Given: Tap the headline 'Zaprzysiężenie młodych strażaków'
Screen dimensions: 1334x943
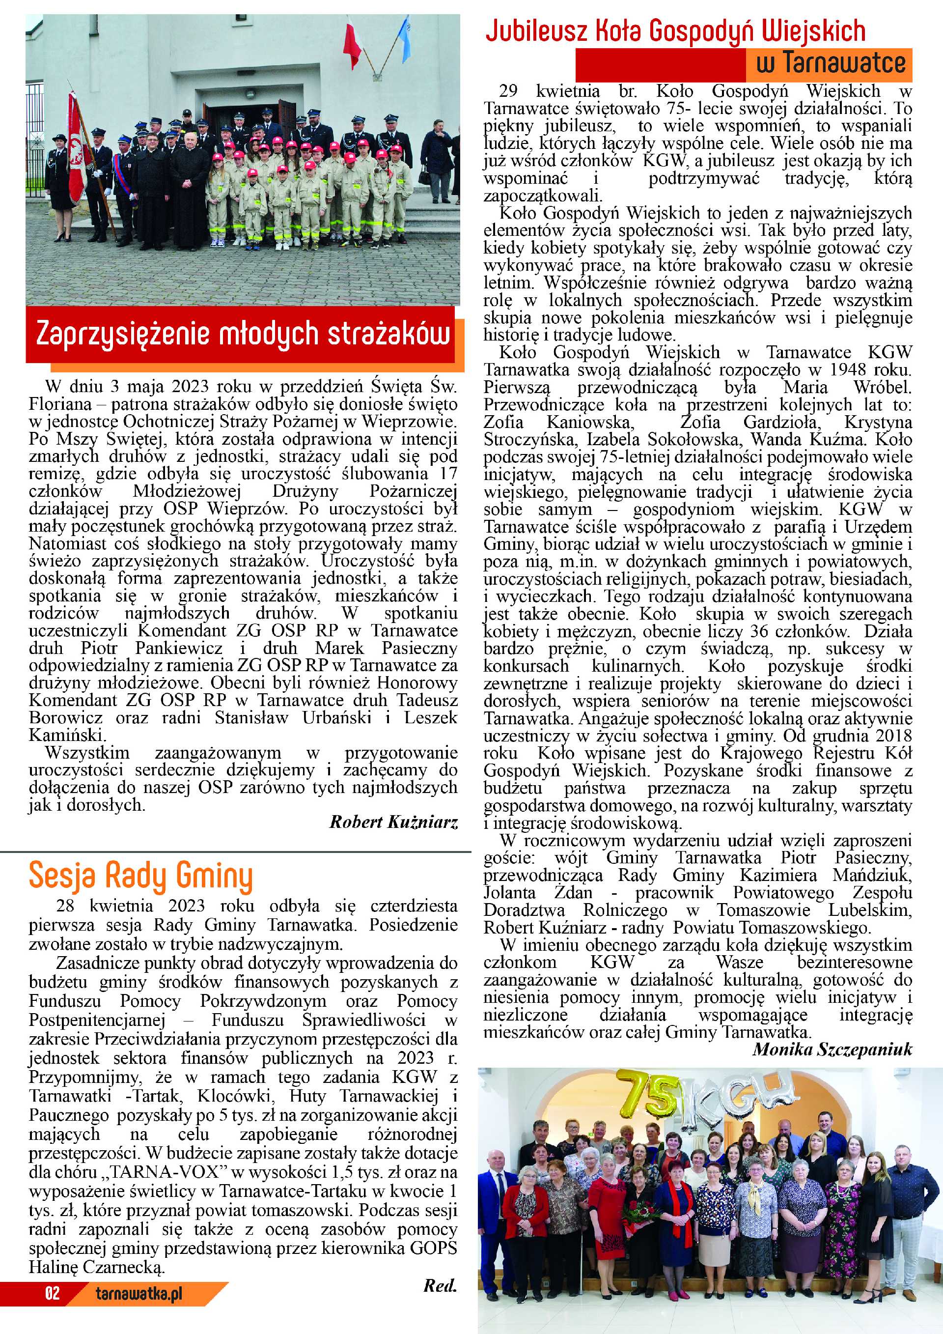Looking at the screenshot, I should [243, 334].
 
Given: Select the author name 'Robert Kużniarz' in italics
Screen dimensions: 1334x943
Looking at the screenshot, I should [394, 822].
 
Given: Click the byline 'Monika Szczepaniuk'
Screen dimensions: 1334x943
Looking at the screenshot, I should [832, 1050].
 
